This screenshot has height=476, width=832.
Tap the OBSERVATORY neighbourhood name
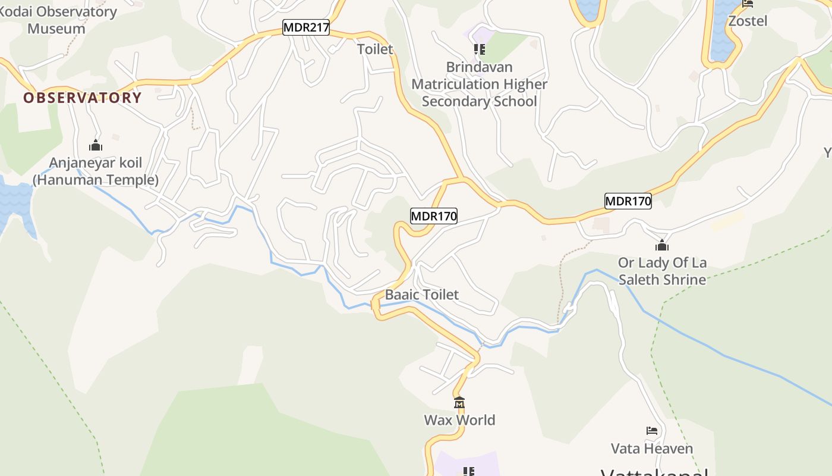tap(83, 98)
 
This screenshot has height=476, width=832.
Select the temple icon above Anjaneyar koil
tap(96, 145)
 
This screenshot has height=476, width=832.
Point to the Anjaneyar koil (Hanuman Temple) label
tap(96, 171)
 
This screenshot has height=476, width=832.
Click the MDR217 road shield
tap(305, 27)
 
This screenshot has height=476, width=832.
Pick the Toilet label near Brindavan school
tap(375, 49)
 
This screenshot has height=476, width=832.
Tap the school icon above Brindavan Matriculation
tap(479, 49)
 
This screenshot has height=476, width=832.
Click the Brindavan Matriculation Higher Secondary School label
tap(479, 84)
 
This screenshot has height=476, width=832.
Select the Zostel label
tap(748, 21)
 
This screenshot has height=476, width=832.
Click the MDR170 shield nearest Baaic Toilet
tap(434, 216)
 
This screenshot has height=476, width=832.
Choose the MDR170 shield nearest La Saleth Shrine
tap(628, 201)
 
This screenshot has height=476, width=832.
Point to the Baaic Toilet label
tap(422, 295)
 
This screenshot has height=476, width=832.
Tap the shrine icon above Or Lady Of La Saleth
tap(662, 245)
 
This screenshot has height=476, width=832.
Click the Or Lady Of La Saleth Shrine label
tap(662, 271)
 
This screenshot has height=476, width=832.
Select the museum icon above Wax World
tap(459, 403)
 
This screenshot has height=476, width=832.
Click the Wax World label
tap(459, 420)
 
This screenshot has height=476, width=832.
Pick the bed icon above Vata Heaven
tap(652, 431)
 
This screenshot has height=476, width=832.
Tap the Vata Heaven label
tap(652, 449)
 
